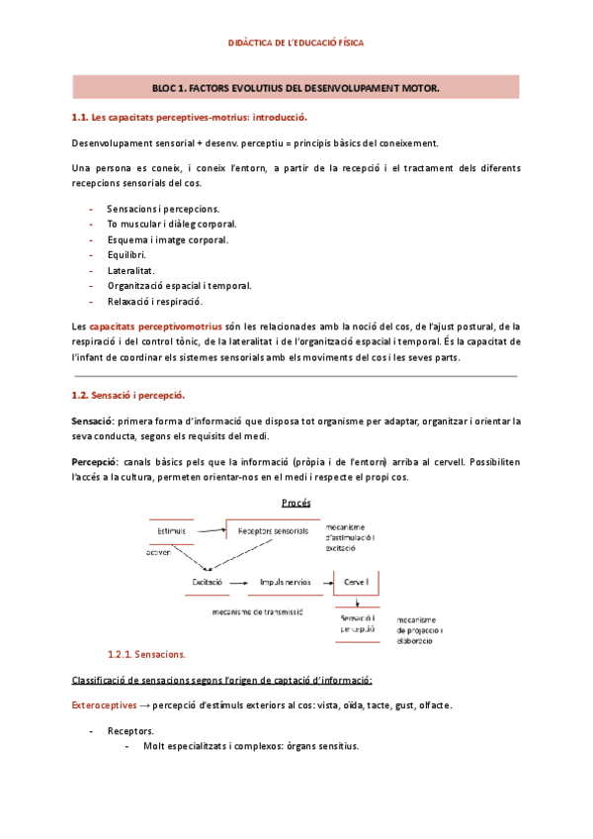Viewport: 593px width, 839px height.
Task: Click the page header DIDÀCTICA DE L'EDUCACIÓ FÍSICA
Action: [x=296, y=44]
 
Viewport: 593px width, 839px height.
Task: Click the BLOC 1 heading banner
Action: [x=296, y=88]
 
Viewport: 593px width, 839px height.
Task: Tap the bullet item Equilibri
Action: [x=127, y=254]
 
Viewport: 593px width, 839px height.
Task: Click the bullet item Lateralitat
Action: [x=130, y=270]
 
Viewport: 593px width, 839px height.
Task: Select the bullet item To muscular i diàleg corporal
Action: [x=171, y=224]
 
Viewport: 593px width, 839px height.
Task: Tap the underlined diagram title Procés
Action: [x=296, y=503]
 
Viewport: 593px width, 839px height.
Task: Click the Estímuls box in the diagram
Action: [x=171, y=532]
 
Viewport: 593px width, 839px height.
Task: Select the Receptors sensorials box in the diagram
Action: [x=273, y=532]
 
